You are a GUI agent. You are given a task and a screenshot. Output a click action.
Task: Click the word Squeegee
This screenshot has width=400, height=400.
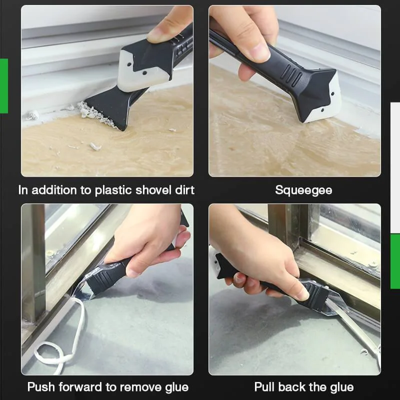point(303,190)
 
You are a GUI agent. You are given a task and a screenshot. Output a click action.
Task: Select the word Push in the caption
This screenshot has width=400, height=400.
point(40,387)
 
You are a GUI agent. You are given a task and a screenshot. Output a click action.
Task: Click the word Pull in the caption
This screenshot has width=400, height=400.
point(265,387)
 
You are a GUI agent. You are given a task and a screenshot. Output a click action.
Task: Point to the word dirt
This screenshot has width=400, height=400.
point(181,190)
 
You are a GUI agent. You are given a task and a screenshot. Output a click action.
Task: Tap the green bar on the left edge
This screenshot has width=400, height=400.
point(3,85)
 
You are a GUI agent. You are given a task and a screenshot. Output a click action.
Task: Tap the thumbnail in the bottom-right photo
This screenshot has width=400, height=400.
point(300,293)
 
